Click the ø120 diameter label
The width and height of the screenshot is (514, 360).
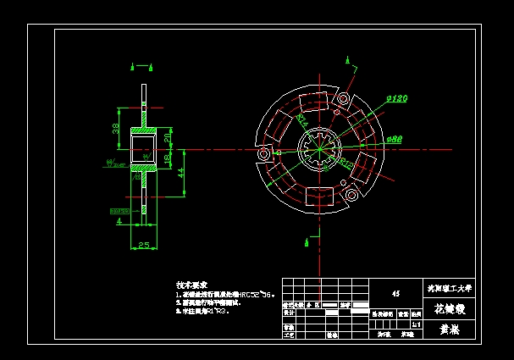tap(397, 99)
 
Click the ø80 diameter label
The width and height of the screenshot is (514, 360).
tap(395, 138)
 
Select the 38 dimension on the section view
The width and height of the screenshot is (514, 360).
tap(117, 128)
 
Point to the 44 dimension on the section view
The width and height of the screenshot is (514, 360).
tap(180, 172)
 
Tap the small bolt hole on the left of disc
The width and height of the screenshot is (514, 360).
tap(265, 155)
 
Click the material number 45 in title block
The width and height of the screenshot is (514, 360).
tap(395, 294)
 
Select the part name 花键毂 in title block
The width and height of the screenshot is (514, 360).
tap(450, 309)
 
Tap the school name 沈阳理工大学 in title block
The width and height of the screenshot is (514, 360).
tap(450, 288)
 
